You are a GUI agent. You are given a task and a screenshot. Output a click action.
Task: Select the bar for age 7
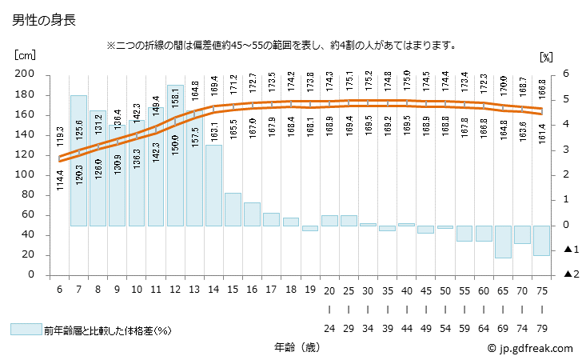(x=78, y=160)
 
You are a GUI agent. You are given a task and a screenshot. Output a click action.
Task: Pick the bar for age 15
(x=233, y=209)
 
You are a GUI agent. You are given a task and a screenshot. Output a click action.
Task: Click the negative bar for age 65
(x=503, y=242)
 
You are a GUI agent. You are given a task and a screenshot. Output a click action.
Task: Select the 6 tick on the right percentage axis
(x=565, y=74)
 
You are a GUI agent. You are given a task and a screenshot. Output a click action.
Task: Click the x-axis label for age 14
(x=213, y=289)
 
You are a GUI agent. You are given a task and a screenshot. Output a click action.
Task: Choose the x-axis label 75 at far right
(x=541, y=289)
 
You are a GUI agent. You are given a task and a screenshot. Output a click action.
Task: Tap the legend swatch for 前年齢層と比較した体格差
(x=26, y=329)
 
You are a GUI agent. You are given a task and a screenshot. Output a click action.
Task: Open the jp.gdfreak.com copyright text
(x=530, y=349)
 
